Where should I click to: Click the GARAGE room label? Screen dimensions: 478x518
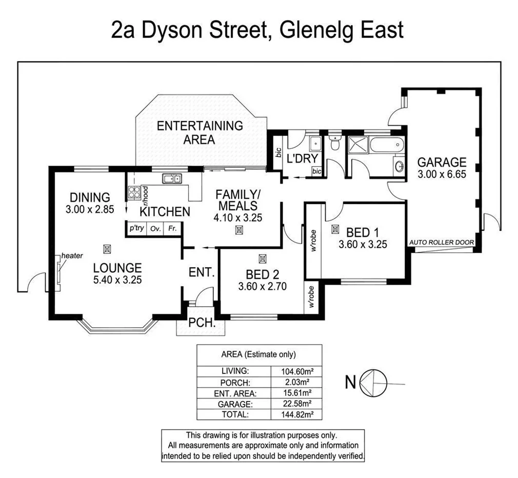point(441,162)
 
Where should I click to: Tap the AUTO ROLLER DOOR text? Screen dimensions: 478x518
point(441,242)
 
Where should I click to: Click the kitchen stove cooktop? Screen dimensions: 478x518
point(134,193)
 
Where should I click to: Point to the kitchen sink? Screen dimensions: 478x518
point(171,178)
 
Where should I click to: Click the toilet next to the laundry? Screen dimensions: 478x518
point(334,144)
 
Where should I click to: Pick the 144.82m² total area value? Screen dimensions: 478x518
point(296,414)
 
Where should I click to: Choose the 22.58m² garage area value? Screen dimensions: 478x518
point(296,403)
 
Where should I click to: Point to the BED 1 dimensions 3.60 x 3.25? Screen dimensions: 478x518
point(362,245)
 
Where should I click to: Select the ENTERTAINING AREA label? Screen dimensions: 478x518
point(200,132)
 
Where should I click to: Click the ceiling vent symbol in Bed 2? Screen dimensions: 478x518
point(263,258)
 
